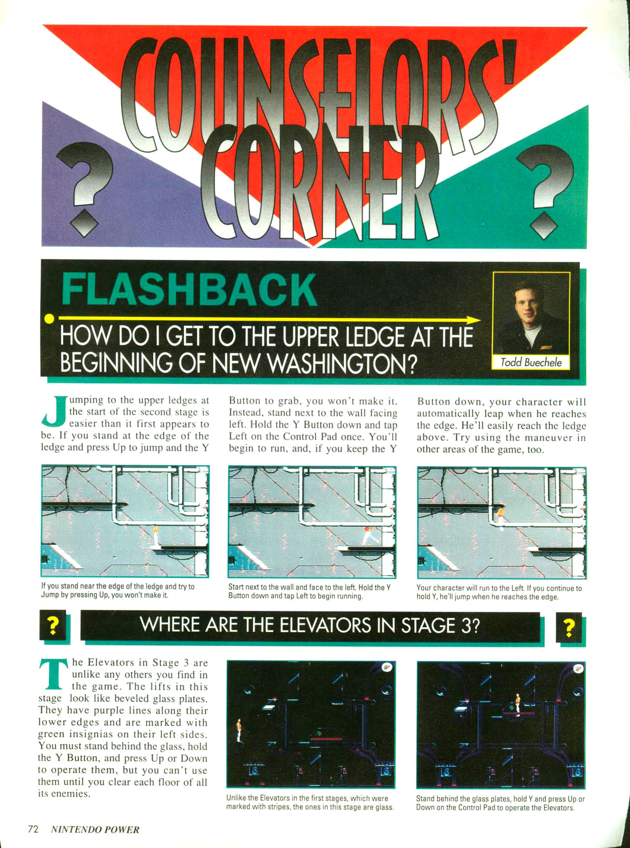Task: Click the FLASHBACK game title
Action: (x=189, y=290)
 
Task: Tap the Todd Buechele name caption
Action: (x=531, y=363)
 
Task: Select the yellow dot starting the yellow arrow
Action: (x=49, y=318)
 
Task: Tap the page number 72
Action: (x=33, y=829)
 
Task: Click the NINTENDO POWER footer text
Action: (x=95, y=830)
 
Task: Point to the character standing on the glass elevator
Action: (x=518, y=703)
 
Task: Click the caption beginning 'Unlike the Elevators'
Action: (x=310, y=802)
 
